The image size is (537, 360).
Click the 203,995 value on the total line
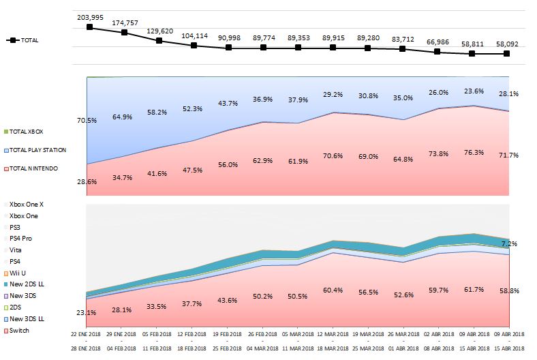89,16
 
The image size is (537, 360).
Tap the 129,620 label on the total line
159,31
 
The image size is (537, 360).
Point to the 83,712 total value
402,39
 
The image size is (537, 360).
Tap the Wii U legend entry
18,273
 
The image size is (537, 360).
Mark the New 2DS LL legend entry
27,284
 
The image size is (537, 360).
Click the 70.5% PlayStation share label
87,120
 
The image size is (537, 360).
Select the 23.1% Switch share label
87,312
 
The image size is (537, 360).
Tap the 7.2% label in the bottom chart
508,243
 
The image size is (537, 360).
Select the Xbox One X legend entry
27,203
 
